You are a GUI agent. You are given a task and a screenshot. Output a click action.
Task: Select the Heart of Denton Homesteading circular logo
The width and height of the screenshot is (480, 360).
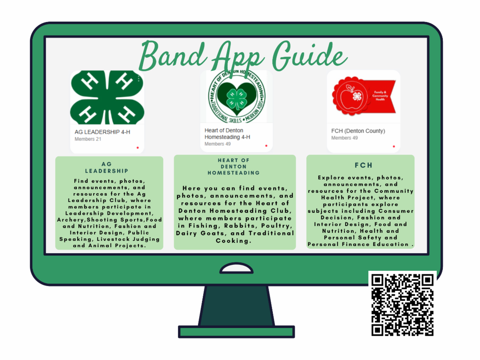(x=236, y=96)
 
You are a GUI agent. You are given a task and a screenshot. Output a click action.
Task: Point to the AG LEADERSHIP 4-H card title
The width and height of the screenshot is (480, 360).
(x=102, y=132)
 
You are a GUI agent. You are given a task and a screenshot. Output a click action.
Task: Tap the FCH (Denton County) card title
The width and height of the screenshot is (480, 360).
(x=358, y=131)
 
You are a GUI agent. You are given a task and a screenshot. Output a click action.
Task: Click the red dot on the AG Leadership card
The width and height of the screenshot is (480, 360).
(x=138, y=148)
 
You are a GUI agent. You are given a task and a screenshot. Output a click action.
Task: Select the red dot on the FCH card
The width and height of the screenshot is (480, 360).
(x=394, y=146)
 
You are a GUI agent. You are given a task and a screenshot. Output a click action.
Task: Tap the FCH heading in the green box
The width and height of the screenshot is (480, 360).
(x=364, y=165)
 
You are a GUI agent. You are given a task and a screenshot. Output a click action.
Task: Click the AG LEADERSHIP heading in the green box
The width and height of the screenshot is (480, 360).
(x=107, y=168)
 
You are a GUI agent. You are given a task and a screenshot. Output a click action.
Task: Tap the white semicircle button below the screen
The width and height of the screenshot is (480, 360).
(x=236, y=268)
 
